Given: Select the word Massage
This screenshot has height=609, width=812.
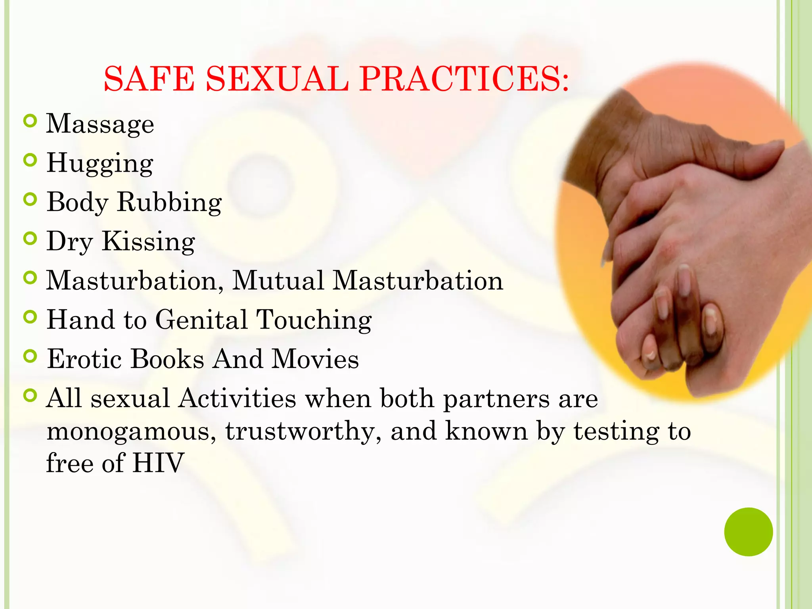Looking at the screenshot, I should point(100,124).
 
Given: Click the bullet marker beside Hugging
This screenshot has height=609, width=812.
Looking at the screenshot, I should point(30,160).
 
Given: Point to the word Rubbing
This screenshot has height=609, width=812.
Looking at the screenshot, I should point(169,202).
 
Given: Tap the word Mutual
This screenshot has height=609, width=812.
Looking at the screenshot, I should point(278,280).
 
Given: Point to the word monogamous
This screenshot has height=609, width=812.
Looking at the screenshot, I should point(131,431).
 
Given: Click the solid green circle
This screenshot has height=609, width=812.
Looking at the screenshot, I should point(748,532).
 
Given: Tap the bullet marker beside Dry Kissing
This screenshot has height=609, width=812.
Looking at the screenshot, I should point(30,238).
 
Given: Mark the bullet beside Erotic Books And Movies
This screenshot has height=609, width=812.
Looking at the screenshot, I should point(30,356).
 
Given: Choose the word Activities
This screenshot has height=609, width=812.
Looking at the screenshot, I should point(237,398).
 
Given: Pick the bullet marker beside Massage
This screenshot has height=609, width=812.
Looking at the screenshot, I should point(30,121).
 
